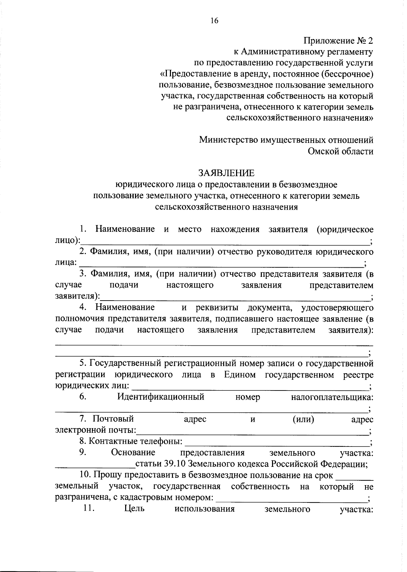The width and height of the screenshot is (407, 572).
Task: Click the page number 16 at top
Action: (x=214, y=21)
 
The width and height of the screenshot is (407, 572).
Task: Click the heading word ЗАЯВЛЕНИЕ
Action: (x=226, y=173)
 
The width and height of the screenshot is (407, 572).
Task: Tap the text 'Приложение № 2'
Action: (x=338, y=41)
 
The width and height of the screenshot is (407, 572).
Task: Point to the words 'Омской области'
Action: (x=341, y=151)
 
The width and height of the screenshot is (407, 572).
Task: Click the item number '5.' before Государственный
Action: (x=83, y=364)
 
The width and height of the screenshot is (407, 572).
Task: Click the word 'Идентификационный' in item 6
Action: (x=161, y=397)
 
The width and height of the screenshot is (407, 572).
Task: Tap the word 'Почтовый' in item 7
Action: (x=113, y=419)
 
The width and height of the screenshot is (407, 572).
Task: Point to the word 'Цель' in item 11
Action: (x=135, y=509)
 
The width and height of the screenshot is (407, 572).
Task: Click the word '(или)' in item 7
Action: (x=303, y=419)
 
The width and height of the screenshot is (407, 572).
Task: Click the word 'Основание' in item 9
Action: (x=133, y=453)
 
